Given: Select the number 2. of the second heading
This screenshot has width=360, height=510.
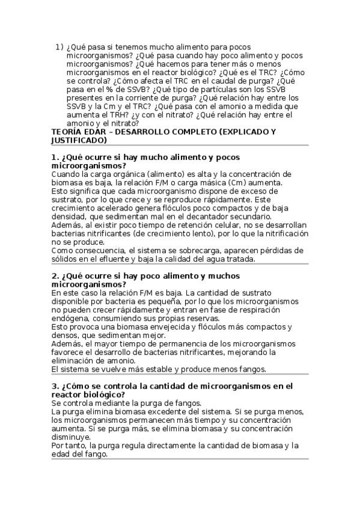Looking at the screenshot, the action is pyautogui.click(x=55, y=275).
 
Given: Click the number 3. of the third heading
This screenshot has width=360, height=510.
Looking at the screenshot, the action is pyautogui.click(x=55, y=386).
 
